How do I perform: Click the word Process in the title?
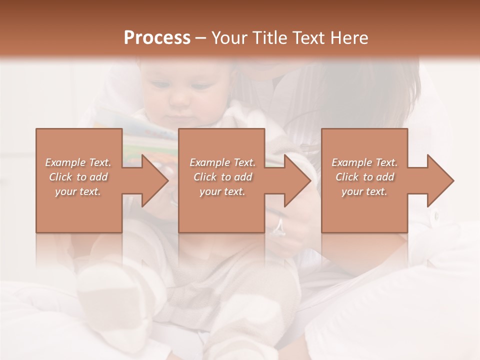[157, 38]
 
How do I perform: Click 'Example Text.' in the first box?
[78, 162]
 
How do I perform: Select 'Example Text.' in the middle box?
[222, 162]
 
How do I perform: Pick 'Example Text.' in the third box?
[364, 162]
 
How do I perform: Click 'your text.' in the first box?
[78, 191]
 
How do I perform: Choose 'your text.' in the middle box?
[222, 191]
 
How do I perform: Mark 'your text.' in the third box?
[364, 191]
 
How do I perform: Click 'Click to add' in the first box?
[78, 177]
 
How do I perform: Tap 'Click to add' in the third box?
[364, 177]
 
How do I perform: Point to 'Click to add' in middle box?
[222, 177]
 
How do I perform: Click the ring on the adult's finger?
[278, 226]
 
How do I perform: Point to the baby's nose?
[178, 101]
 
